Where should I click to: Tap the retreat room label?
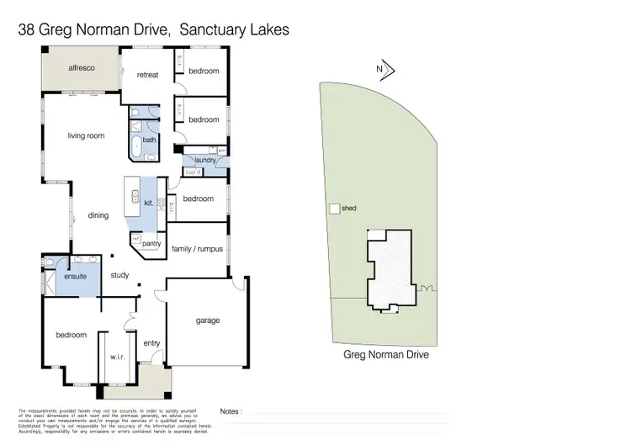pyautogui.click(x=148, y=75)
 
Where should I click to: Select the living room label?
pyautogui.click(x=86, y=135)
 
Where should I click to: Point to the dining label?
pyautogui.click(x=98, y=215)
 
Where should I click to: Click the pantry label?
pyautogui.click(x=151, y=243)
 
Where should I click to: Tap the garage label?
pyautogui.click(x=208, y=321)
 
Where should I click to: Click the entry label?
pyautogui.click(x=151, y=343)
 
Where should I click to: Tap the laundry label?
pyautogui.click(x=205, y=160)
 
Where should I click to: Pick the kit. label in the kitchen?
pyautogui.click(x=149, y=203)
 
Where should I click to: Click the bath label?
pyautogui.click(x=149, y=140)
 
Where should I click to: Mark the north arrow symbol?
pyautogui.click(x=386, y=72)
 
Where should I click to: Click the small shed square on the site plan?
pyautogui.click(x=334, y=208)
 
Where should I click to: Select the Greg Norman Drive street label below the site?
pyautogui.click(x=387, y=355)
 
